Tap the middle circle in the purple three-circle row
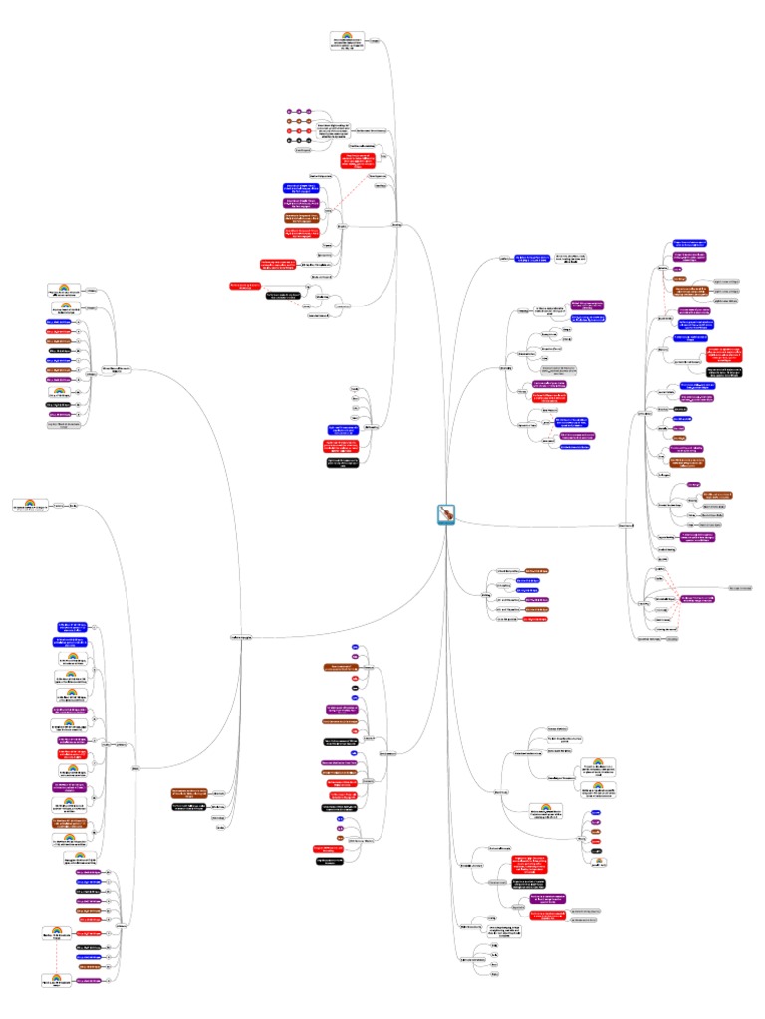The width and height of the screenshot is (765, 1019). (x=299, y=111)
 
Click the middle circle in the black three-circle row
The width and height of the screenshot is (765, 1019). (x=299, y=141)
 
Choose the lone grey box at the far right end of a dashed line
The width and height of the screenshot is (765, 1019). (x=738, y=588)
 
